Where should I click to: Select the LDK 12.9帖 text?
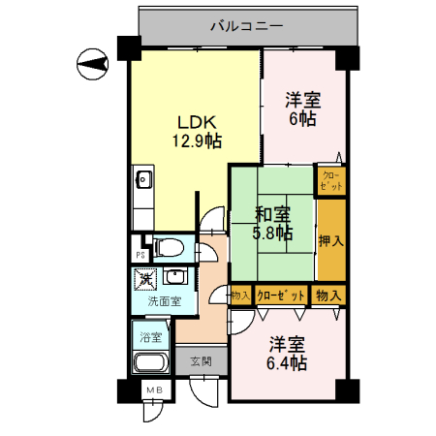(197, 132)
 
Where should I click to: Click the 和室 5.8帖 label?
(272, 223)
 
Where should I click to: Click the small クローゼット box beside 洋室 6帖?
(330, 179)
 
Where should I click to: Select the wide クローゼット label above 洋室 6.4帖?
(282, 295)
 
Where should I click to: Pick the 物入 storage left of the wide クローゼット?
(241, 295)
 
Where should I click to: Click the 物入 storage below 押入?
(329, 295)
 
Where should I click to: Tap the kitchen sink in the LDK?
(142, 179)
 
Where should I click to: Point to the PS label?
(140, 254)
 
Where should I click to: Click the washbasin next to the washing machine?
(174, 278)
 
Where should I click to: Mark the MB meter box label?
(153, 389)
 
